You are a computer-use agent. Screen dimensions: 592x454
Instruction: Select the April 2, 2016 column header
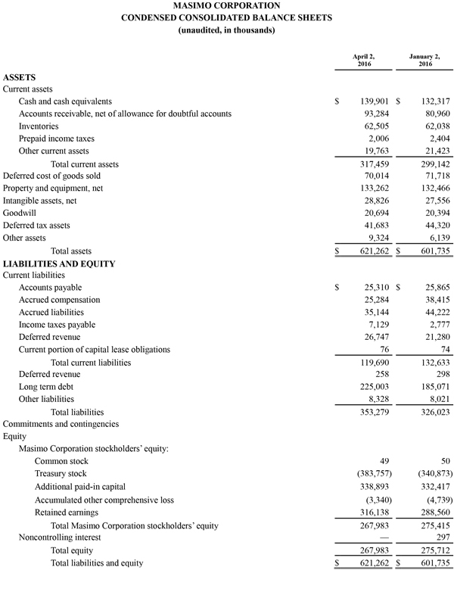pos(363,61)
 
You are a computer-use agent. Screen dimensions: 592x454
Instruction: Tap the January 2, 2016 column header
pos(425,61)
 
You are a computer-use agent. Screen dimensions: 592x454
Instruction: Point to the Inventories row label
pos(44,126)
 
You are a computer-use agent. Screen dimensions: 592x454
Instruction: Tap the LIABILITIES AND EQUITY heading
pos(59,263)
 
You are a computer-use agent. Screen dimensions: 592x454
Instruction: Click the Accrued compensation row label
pos(62,300)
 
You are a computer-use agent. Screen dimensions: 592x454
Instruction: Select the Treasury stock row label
pos(61,473)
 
